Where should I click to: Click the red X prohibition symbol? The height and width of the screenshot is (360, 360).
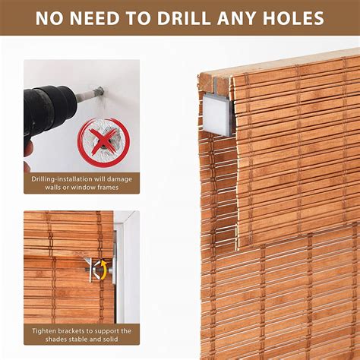click(x=103, y=141)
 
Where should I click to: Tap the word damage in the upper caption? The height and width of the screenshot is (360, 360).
click(x=117, y=178)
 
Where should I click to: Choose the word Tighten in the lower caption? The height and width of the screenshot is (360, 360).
click(x=48, y=330)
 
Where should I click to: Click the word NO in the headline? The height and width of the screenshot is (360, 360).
click(x=49, y=17)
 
